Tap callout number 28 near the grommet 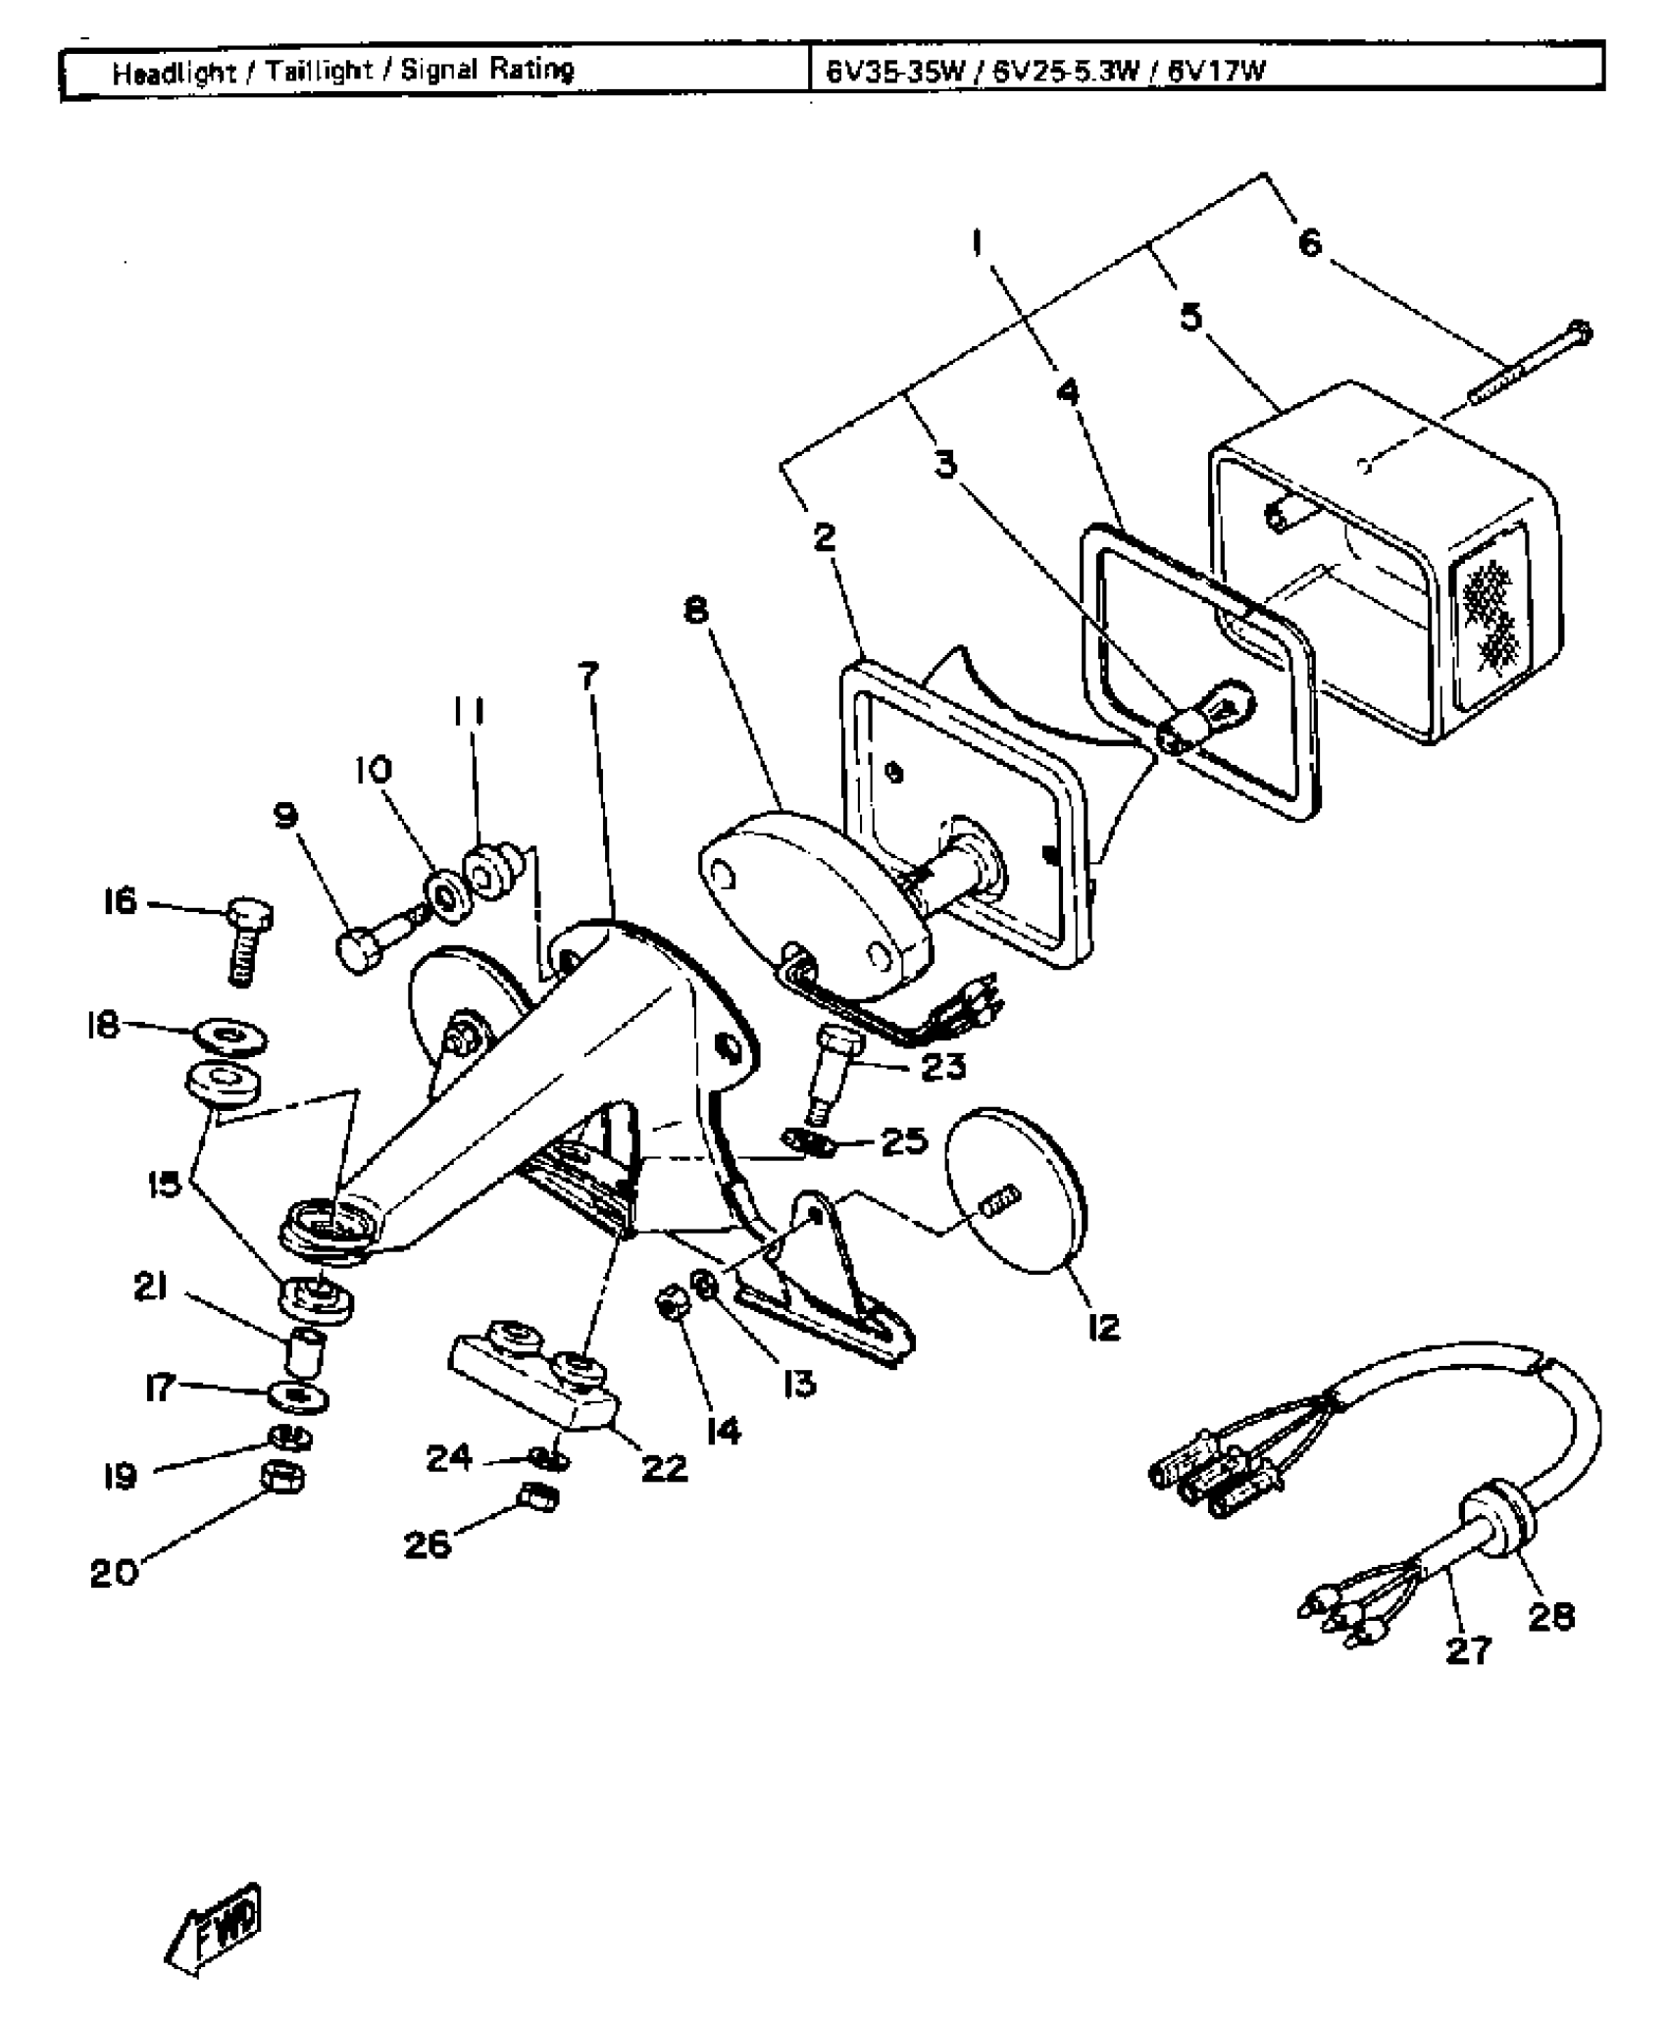pos(1551,1615)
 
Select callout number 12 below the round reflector pos(1103,1328)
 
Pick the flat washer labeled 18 pos(231,1037)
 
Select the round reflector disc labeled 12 pos(1015,1190)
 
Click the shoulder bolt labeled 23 pos(832,1073)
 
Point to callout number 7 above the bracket pos(588,676)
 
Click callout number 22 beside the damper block pos(664,1468)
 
